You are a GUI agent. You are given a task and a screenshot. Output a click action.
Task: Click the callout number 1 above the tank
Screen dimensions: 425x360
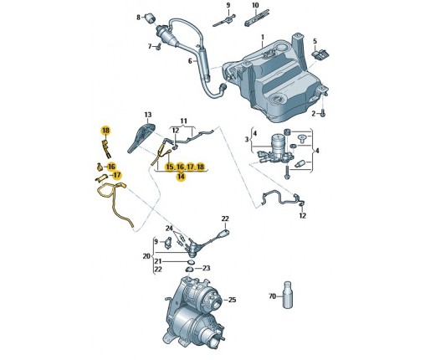point(263,37)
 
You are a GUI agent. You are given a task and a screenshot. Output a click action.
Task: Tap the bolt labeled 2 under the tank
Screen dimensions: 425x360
point(323,113)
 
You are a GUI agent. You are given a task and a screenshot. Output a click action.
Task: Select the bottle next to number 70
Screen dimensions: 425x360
point(288,295)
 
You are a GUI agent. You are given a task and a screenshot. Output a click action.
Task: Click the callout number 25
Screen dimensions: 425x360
point(232,300)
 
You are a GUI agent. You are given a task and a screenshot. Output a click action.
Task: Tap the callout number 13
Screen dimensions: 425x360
point(148,115)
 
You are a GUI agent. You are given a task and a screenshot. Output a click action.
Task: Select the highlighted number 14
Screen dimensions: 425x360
point(181,176)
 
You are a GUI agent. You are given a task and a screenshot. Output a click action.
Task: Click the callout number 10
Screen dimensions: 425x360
point(255,5)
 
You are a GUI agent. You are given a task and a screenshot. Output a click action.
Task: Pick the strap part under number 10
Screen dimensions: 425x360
point(257,18)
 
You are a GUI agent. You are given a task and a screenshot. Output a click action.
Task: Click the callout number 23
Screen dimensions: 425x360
point(206,268)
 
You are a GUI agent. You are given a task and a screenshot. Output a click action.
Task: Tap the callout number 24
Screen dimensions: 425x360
point(169,229)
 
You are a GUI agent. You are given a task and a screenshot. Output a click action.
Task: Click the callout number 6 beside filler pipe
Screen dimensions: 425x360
point(190,61)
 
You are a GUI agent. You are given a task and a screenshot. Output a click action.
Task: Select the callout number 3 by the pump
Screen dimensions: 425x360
point(247,139)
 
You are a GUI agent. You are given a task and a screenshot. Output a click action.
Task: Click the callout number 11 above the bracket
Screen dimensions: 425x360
point(183,121)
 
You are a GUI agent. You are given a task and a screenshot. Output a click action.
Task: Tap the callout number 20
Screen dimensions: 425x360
point(146,256)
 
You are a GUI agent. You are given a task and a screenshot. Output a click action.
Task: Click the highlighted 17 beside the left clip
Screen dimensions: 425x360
point(117,175)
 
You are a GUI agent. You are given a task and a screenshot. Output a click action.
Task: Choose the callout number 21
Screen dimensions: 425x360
point(158,261)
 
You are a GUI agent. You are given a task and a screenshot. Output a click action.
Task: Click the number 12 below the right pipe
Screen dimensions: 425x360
point(303,215)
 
